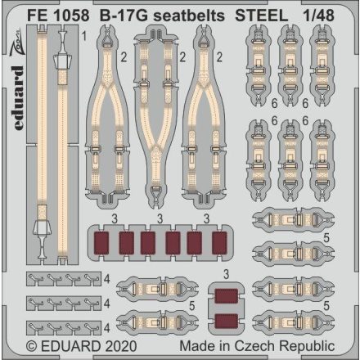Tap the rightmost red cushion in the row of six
(x=218, y=243)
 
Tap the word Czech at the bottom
(x=268, y=349)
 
